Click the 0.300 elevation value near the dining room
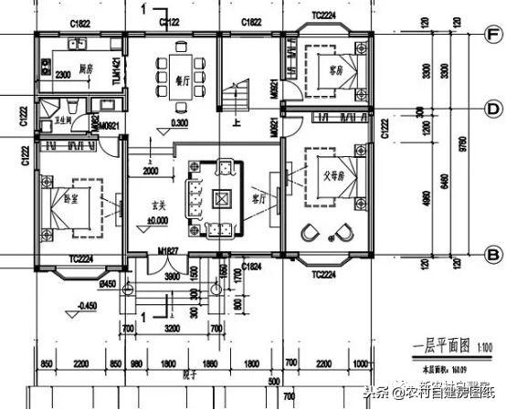(x=179, y=122)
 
